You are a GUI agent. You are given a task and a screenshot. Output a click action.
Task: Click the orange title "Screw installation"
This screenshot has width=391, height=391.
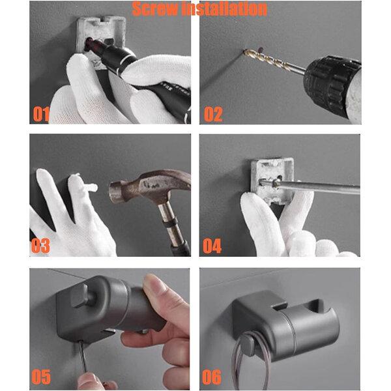coord(199,9)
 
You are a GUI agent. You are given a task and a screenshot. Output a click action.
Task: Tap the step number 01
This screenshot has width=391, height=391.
coord(41,115)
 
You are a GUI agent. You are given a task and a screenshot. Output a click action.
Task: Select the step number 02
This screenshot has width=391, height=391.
coord(213,114)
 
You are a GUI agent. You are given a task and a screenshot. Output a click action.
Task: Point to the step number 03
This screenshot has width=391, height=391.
coord(40,246)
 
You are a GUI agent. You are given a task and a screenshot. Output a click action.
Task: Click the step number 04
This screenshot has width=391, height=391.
coord(212,246)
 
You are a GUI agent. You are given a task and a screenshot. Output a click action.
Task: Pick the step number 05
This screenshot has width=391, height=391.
coord(41,377)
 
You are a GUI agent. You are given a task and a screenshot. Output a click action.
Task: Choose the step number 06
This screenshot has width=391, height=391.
coord(212,377)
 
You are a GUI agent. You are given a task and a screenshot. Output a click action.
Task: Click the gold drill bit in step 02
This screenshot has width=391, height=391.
coord(274,61)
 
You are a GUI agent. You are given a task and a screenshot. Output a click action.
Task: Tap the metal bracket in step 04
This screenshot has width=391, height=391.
coord(272,181)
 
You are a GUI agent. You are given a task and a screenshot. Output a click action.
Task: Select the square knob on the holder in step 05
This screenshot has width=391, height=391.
coord(80,295)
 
